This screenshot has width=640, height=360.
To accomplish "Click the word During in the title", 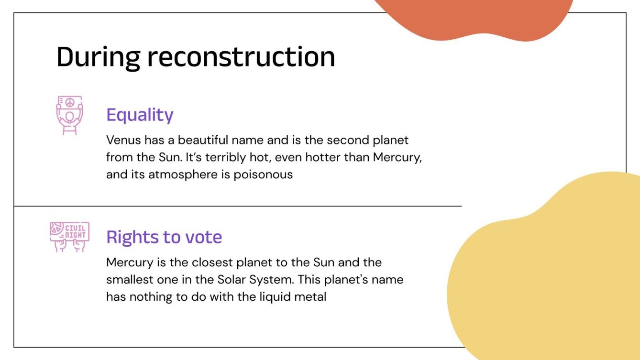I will [x=98, y=57].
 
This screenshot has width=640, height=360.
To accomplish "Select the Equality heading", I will [x=140, y=115].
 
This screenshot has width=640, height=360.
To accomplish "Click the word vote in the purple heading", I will [x=204, y=237].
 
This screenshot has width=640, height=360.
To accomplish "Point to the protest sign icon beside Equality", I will [x=69, y=115].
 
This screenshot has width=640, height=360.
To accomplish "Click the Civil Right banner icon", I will [x=70, y=236].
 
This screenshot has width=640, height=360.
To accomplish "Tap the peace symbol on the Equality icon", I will [x=70, y=103].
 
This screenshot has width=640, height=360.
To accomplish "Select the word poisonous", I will [x=263, y=175].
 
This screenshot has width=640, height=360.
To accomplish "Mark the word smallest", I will [x=130, y=280].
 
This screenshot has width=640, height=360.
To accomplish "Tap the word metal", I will [x=311, y=296].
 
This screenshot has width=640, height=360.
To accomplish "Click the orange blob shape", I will [x=478, y=17].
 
